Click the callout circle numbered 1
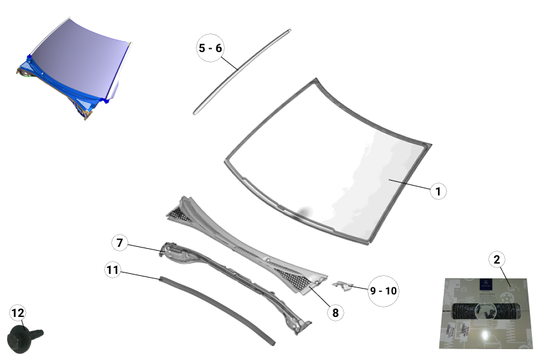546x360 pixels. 437,191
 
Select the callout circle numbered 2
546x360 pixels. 496,260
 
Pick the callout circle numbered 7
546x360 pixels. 119,243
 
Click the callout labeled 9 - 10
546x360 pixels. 383,291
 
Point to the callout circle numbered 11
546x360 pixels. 113,271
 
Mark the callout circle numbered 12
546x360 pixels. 18,313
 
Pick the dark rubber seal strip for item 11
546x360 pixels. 218,307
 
